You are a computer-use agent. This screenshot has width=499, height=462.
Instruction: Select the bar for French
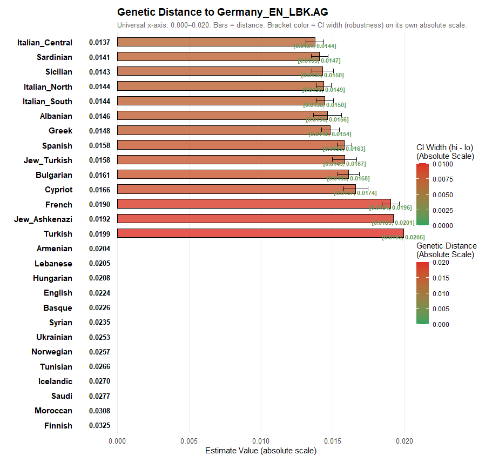coord(254,204)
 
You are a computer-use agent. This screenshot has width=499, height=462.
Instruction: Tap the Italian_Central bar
coord(216,42)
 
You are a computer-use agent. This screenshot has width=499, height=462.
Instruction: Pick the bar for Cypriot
coord(236,190)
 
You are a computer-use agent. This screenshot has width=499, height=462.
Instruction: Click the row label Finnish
coord(58,426)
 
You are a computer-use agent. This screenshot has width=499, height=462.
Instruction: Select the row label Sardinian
coord(54,57)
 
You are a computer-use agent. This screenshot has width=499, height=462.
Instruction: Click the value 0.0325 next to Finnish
coord(99,426)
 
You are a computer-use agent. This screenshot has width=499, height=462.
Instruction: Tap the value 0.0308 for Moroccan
coord(99,411)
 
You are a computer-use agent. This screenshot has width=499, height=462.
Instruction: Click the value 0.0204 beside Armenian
coord(99,249)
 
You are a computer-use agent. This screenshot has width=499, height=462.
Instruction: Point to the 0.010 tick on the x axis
coord(261,441)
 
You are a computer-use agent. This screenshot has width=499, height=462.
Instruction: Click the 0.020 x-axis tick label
coord(404,441)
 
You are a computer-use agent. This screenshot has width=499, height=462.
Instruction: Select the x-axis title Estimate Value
coord(261,451)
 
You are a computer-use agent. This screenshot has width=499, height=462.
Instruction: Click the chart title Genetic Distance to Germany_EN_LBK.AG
coord(222,12)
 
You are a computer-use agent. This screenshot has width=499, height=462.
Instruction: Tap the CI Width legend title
coord(445,152)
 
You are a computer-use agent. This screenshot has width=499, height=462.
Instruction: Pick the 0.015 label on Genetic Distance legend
coord(441,278)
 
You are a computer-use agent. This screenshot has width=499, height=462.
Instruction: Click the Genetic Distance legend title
coord(446,250)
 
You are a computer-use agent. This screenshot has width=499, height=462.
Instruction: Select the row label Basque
coord(58,308)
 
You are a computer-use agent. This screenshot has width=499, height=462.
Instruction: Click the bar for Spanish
coord(231,145)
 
